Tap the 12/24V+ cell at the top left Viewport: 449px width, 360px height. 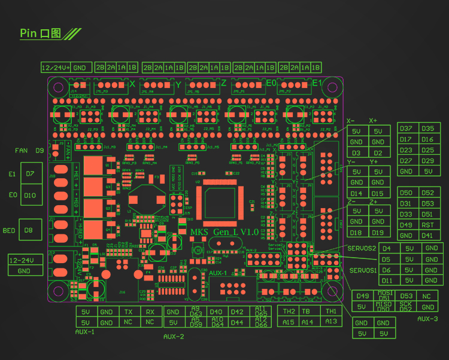coord(56,67)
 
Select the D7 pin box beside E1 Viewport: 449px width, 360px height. coord(30,174)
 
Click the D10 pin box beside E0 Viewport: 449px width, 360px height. coord(30,195)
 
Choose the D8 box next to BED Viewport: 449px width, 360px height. coord(28,230)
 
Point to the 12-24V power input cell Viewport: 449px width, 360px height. coord(24,260)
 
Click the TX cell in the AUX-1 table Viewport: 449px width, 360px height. coord(129,312)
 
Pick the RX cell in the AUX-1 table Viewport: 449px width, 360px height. coord(150,312)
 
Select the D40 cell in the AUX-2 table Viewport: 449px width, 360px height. coord(216,312)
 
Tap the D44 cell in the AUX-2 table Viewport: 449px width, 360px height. coord(237,323)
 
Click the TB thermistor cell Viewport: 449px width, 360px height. coord(305,312)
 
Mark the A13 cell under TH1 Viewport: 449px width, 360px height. coord(330,322)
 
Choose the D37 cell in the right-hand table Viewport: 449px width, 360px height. coord(406,129)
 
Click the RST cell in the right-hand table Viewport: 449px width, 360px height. coord(427,225)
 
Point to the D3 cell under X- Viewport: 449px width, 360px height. coord(356,153)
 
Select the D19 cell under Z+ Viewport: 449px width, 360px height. coord(378,233)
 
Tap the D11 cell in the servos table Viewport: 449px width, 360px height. coord(387,280)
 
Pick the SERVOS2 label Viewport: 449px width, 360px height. coord(362,248)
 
